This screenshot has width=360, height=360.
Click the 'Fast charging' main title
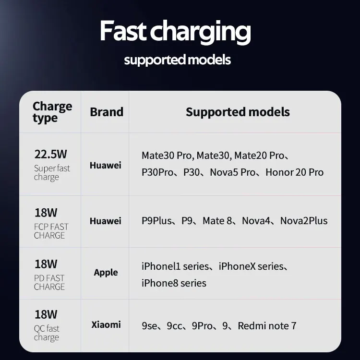pos(175,32)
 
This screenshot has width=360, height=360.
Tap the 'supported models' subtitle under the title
pos(177,60)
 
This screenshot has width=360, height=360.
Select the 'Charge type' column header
pos(52,112)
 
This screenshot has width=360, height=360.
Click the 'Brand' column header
pos(107,112)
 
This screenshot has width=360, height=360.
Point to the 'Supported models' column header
pos(238,112)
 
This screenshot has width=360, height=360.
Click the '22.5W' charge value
pos(50,154)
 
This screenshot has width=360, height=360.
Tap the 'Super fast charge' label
pos(52,173)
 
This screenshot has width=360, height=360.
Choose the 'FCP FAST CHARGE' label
pos(51,231)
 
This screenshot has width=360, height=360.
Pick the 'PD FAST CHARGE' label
pos(49,282)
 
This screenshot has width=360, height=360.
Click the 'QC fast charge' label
pos(47,333)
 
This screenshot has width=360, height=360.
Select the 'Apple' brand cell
pos(106,273)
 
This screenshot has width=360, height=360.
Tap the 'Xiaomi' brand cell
pos(106,324)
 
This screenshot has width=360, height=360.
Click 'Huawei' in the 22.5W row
pos(106,165)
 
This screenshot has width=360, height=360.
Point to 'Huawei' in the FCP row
pos(106,221)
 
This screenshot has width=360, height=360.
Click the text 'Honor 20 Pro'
pos(295,172)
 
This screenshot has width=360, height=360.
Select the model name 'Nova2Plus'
pos(304,221)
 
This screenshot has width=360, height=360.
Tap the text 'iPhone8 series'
pos(174,283)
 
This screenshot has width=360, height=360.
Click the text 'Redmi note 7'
pos(267,326)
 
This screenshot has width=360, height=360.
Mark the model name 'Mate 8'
pos(217,221)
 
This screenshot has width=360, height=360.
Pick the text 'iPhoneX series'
pos(251,266)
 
